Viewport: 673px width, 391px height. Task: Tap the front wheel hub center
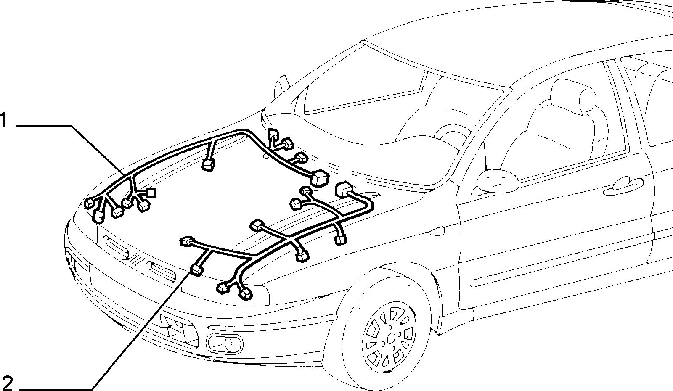pyautogui.click(x=391, y=339)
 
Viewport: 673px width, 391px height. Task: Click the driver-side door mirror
pyautogui.click(x=498, y=180)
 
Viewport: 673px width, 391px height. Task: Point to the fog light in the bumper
pyautogui.click(x=225, y=343)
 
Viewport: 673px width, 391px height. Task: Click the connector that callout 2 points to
pyautogui.click(x=197, y=270)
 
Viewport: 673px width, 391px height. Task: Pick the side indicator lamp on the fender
pyautogui.click(x=437, y=231)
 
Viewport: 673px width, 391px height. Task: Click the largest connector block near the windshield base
pyautogui.click(x=319, y=178)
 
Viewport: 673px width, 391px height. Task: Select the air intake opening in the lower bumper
pyautogui.click(x=179, y=330)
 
